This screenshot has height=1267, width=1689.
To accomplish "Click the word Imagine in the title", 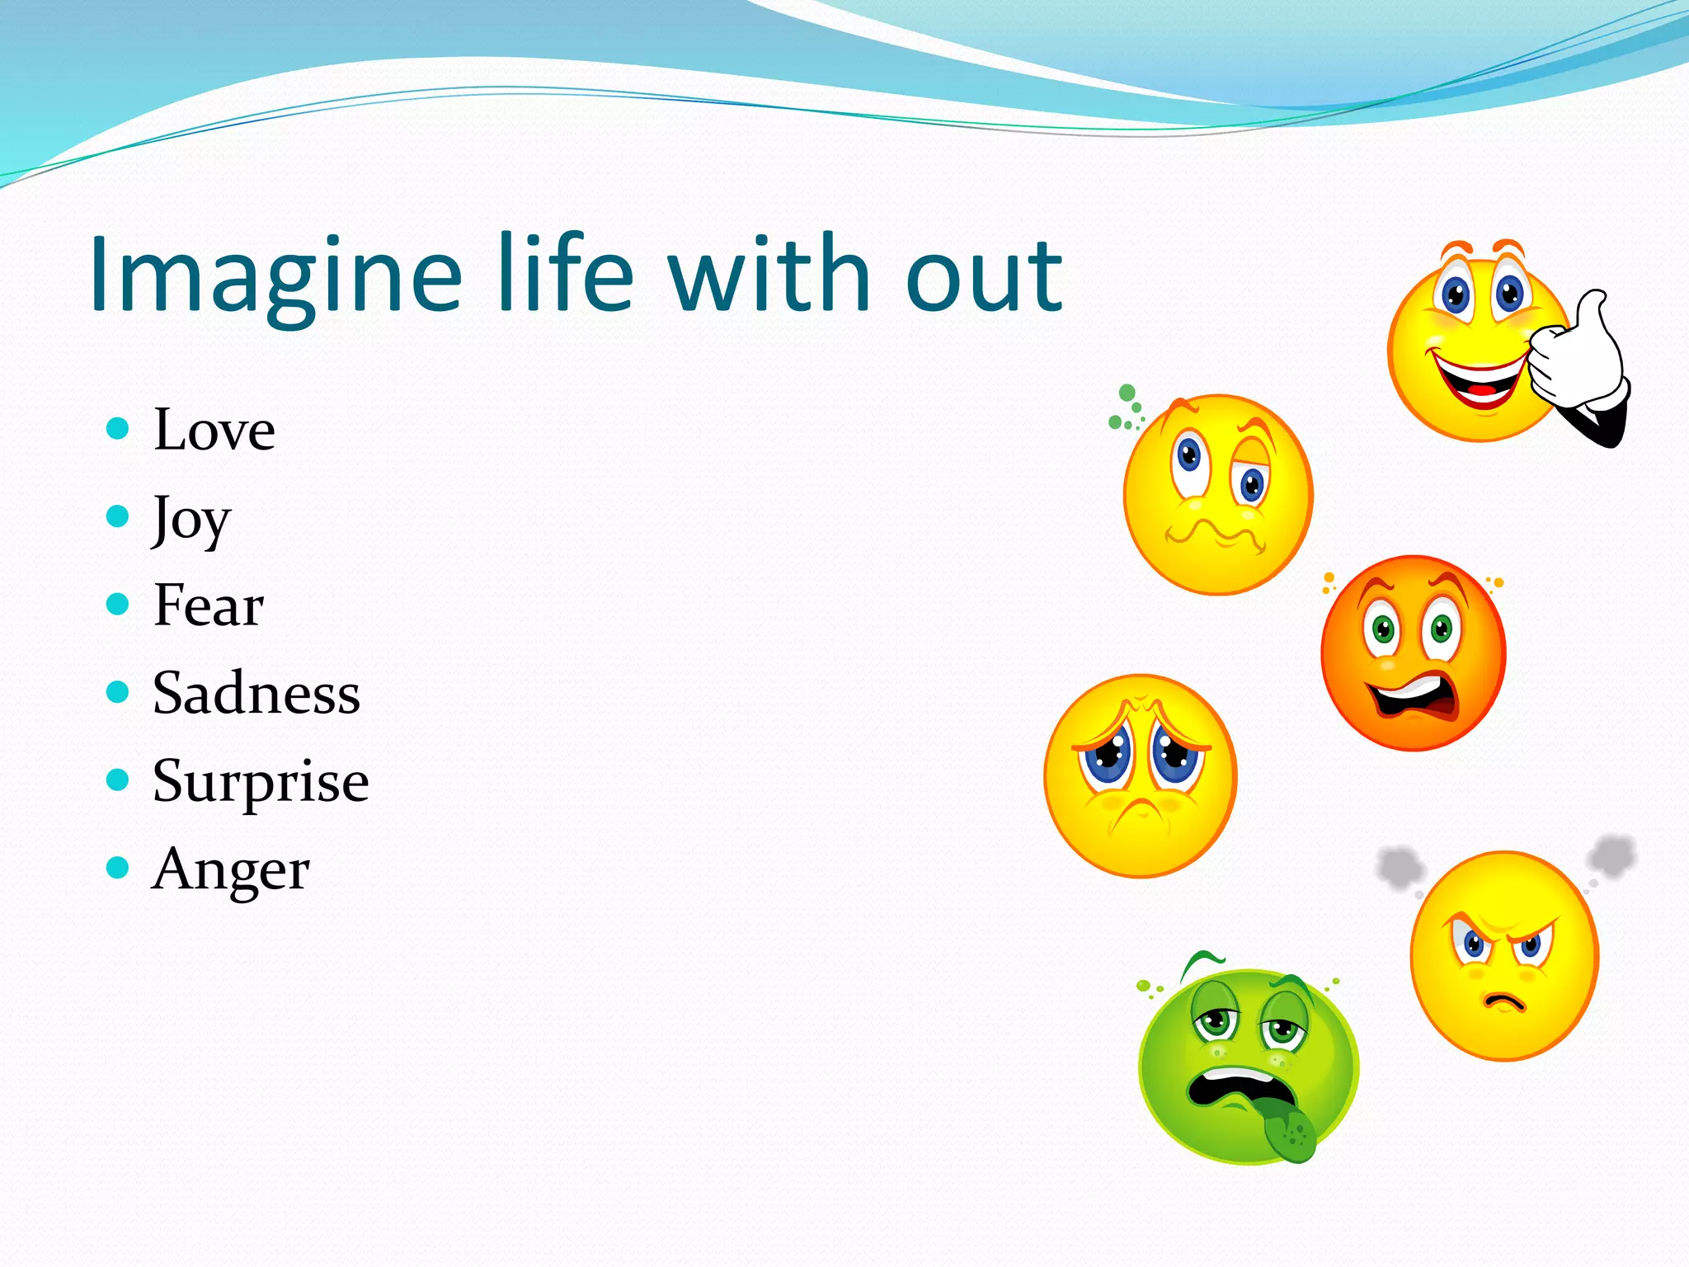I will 275,276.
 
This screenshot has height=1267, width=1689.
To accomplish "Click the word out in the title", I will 983,276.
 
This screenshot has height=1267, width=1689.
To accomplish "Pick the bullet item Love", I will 214,431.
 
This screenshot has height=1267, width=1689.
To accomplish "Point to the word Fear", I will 208,605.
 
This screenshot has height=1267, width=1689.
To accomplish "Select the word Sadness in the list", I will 256,694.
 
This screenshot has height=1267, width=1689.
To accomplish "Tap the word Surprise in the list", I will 260,782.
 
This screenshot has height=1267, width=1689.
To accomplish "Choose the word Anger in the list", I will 230,870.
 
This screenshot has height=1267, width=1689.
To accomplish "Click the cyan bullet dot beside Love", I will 118,428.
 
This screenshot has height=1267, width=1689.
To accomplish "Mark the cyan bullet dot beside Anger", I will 118,868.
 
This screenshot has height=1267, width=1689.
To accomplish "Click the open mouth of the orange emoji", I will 1412,697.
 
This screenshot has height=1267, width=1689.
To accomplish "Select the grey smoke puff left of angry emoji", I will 1400,868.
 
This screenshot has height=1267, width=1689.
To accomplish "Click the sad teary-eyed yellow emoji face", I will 1140,775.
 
